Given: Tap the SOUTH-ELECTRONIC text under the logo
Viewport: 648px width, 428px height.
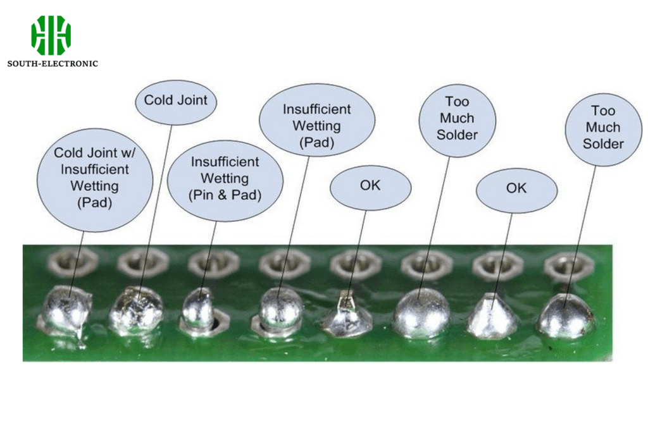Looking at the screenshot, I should pos(53,63).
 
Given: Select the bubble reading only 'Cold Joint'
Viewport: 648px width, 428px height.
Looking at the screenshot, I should pos(171,100).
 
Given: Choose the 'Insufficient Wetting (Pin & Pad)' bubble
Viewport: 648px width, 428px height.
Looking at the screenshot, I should pos(225,179).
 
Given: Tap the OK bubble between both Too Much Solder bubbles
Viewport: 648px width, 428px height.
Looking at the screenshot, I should pos(516,188).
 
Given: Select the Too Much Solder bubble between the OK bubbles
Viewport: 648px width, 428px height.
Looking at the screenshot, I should pos(457,118).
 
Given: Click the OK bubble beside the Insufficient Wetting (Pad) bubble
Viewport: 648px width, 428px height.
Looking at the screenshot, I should pos(370,186).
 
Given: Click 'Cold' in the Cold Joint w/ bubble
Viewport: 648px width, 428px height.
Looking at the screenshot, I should pos(68,152).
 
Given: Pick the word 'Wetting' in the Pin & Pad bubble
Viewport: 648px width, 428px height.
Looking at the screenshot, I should pos(225,179).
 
